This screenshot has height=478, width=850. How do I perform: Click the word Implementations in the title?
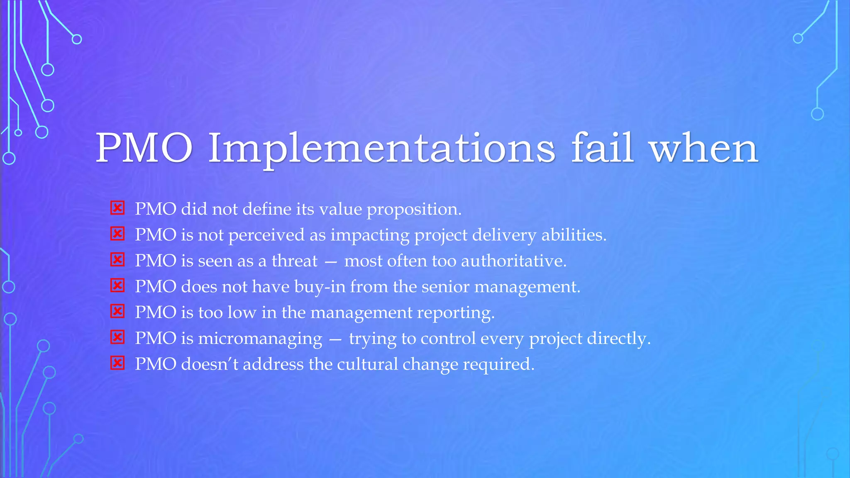click(381, 149)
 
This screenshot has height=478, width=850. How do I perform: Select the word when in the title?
click(704, 149)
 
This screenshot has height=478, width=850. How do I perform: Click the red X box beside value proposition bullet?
click(117, 208)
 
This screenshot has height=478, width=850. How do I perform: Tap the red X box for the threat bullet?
click(117, 260)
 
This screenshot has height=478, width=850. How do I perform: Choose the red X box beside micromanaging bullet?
click(117, 337)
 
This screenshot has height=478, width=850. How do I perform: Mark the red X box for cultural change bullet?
click(117, 363)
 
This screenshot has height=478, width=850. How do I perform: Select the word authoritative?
click(513, 261)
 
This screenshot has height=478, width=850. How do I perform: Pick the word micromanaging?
click(260, 339)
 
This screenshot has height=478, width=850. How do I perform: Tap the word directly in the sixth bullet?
click(618, 339)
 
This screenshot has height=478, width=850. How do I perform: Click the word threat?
click(294, 261)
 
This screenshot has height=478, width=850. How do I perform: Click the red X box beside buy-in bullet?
click(117, 285)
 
